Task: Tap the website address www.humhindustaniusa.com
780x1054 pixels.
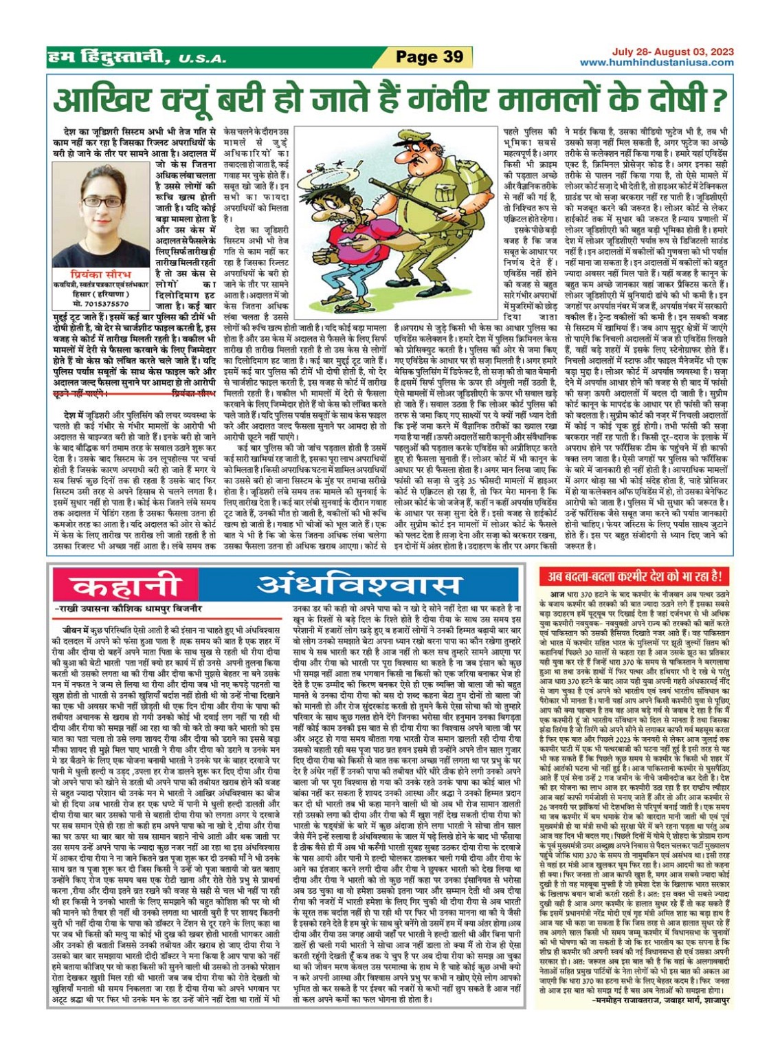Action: (x=656, y=63)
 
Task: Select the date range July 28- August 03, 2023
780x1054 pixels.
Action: (x=673, y=52)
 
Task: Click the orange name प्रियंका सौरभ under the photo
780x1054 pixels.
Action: (x=100, y=274)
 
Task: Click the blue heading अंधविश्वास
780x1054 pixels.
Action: (x=358, y=586)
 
